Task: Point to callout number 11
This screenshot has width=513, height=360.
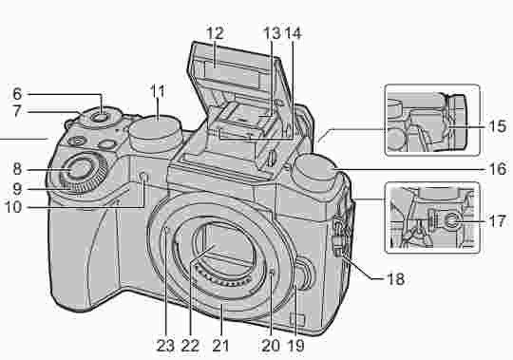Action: [157, 91]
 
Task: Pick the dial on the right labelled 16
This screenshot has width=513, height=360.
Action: [313, 172]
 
